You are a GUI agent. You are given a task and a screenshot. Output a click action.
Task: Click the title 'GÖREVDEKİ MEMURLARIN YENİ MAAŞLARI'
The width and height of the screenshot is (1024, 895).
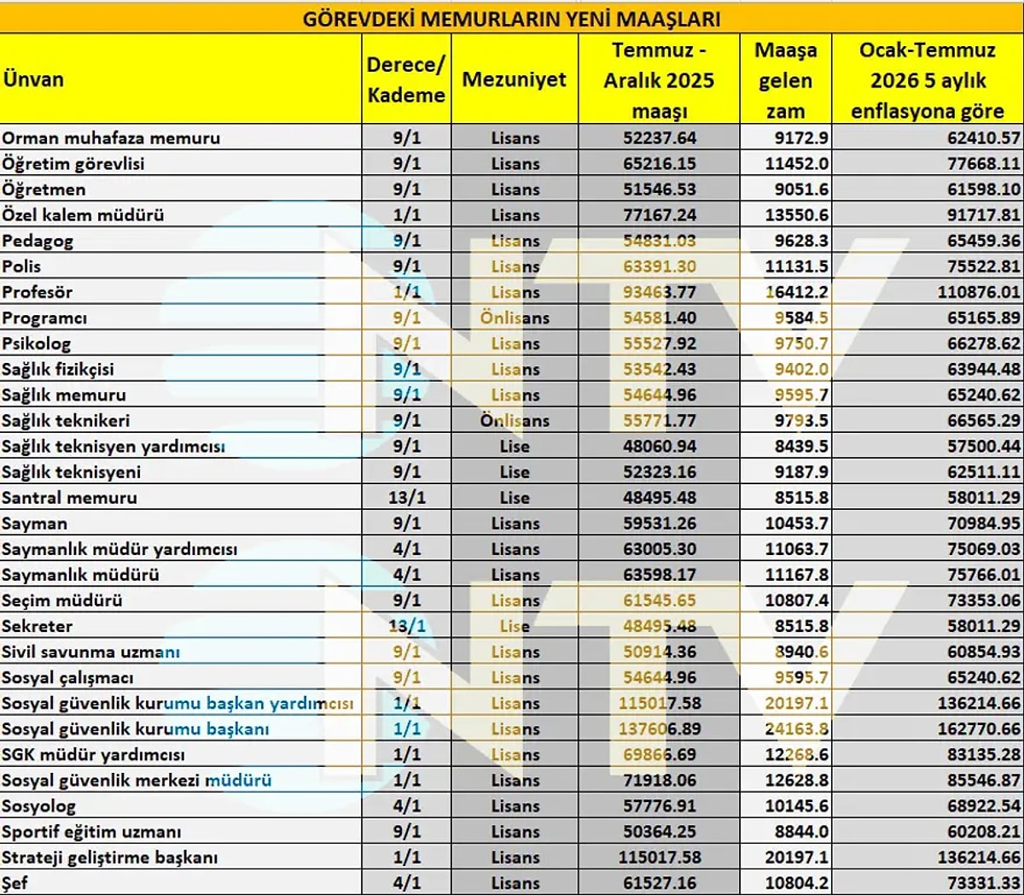click(511, 18)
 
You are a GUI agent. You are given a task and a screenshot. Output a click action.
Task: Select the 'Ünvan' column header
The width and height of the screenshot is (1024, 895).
click(33, 79)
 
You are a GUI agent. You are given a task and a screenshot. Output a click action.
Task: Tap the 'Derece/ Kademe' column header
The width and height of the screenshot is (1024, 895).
click(406, 79)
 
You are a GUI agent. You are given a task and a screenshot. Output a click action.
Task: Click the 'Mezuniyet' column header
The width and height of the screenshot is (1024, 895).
click(515, 79)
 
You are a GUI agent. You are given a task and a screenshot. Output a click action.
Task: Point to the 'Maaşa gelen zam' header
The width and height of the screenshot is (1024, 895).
click(785, 80)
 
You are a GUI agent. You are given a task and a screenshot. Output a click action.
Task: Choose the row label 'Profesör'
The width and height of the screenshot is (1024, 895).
click(37, 292)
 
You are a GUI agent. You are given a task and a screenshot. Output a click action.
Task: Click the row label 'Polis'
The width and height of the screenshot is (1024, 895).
click(21, 266)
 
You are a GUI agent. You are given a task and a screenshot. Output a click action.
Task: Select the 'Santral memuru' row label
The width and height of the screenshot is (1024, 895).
click(69, 497)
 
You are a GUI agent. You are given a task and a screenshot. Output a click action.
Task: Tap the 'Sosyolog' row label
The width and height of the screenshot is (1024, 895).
click(38, 805)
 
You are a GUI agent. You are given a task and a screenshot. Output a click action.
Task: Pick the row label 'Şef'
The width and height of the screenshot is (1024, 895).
click(15, 882)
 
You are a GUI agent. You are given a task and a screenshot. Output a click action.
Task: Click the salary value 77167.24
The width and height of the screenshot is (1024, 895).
click(660, 215)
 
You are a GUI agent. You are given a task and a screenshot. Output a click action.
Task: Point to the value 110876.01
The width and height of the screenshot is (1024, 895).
click(978, 292)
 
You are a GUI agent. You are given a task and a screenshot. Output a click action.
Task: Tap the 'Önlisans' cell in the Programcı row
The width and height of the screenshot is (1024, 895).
click(515, 318)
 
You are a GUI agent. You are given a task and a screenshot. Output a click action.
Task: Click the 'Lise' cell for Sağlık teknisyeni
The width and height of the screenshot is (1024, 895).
click(515, 471)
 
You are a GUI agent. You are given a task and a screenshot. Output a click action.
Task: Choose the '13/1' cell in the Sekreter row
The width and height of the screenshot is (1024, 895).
click(406, 626)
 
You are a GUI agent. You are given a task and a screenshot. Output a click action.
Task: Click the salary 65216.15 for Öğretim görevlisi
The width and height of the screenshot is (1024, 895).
click(660, 164)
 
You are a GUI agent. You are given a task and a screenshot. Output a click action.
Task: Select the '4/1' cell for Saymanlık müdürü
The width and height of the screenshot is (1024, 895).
click(406, 575)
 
